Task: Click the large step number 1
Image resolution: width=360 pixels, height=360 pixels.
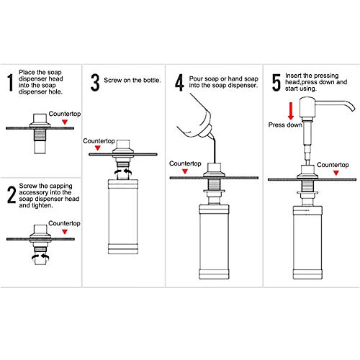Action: tap(10, 83)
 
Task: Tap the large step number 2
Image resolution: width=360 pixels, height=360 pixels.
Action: tap(12, 195)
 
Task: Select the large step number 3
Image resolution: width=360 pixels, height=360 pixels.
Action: tap(95, 83)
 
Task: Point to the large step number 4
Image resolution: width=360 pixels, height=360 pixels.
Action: tap(179, 83)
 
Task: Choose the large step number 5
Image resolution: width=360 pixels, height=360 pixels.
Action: tap(276, 83)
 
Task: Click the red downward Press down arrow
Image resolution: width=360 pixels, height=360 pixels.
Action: tap(291, 111)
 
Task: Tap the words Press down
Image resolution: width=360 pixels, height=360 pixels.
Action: tap(285, 125)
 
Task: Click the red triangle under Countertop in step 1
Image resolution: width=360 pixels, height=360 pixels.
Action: tap(65, 122)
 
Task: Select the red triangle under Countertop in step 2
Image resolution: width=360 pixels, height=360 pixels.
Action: tap(65, 232)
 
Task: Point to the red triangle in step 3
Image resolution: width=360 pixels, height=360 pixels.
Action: tap(97, 148)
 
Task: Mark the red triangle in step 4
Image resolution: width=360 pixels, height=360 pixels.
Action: tap(185, 171)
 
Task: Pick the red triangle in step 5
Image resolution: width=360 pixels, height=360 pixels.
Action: tap(336, 173)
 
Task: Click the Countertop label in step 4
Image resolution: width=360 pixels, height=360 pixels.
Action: tap(185, 163)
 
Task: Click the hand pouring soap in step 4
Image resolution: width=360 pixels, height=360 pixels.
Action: tap(195, 118)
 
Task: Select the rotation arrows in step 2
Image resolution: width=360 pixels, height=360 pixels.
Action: tap(40, 258)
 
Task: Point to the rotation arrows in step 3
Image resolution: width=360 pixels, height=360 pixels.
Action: tap(123, 172)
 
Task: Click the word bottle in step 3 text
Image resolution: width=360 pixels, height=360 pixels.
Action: tap(152, 80)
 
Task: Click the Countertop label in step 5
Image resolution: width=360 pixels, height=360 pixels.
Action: tap(333, 165)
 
